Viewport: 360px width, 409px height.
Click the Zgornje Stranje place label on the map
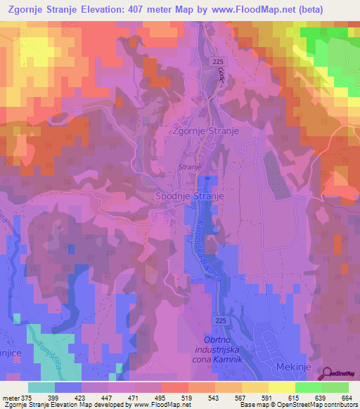(207, 131)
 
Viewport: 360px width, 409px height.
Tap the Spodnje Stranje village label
(190, 197)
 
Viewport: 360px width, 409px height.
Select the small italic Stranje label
(190, 167)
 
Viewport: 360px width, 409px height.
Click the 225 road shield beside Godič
(217, 63)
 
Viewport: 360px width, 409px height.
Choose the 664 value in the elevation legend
(345, 398)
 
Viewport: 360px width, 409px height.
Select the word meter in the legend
(12, 398)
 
